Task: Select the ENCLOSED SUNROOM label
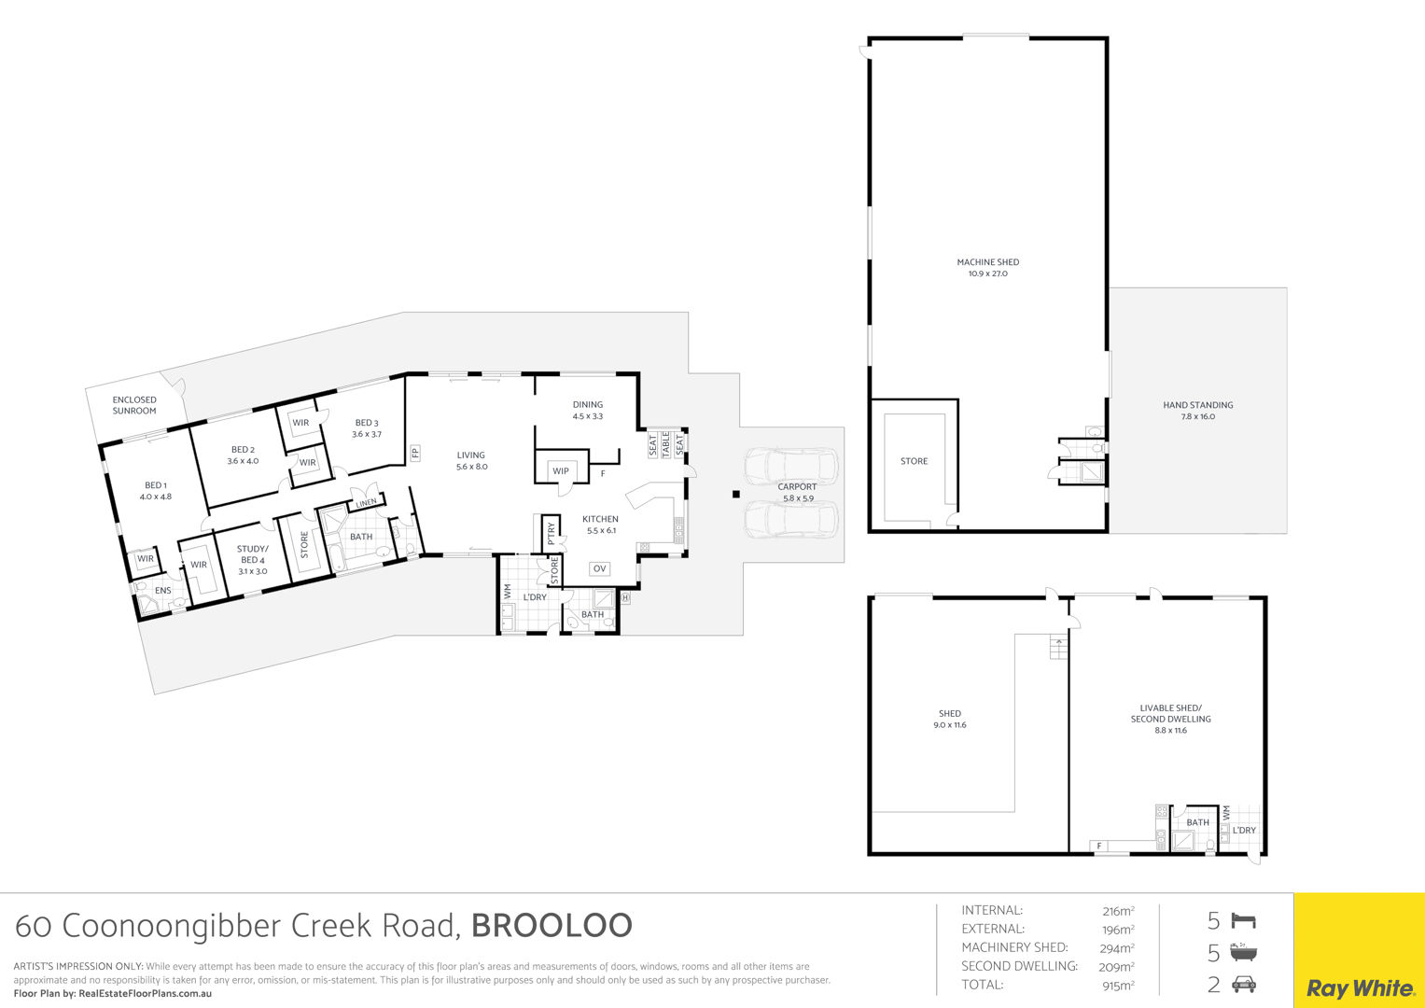134,405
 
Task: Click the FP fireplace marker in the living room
414,453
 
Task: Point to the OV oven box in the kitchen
599,569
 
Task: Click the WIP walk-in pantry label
561,471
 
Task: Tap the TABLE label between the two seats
666,443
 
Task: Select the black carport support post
736,494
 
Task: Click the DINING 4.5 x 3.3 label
588,410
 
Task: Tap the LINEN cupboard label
367,503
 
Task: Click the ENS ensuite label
163,591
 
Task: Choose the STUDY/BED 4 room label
253,559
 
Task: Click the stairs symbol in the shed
1058,648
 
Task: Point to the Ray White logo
1360,988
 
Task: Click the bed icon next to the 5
1244,920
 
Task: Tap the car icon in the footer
1244,985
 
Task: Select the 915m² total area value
1118,986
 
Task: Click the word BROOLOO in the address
552,926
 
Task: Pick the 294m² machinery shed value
1117,948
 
